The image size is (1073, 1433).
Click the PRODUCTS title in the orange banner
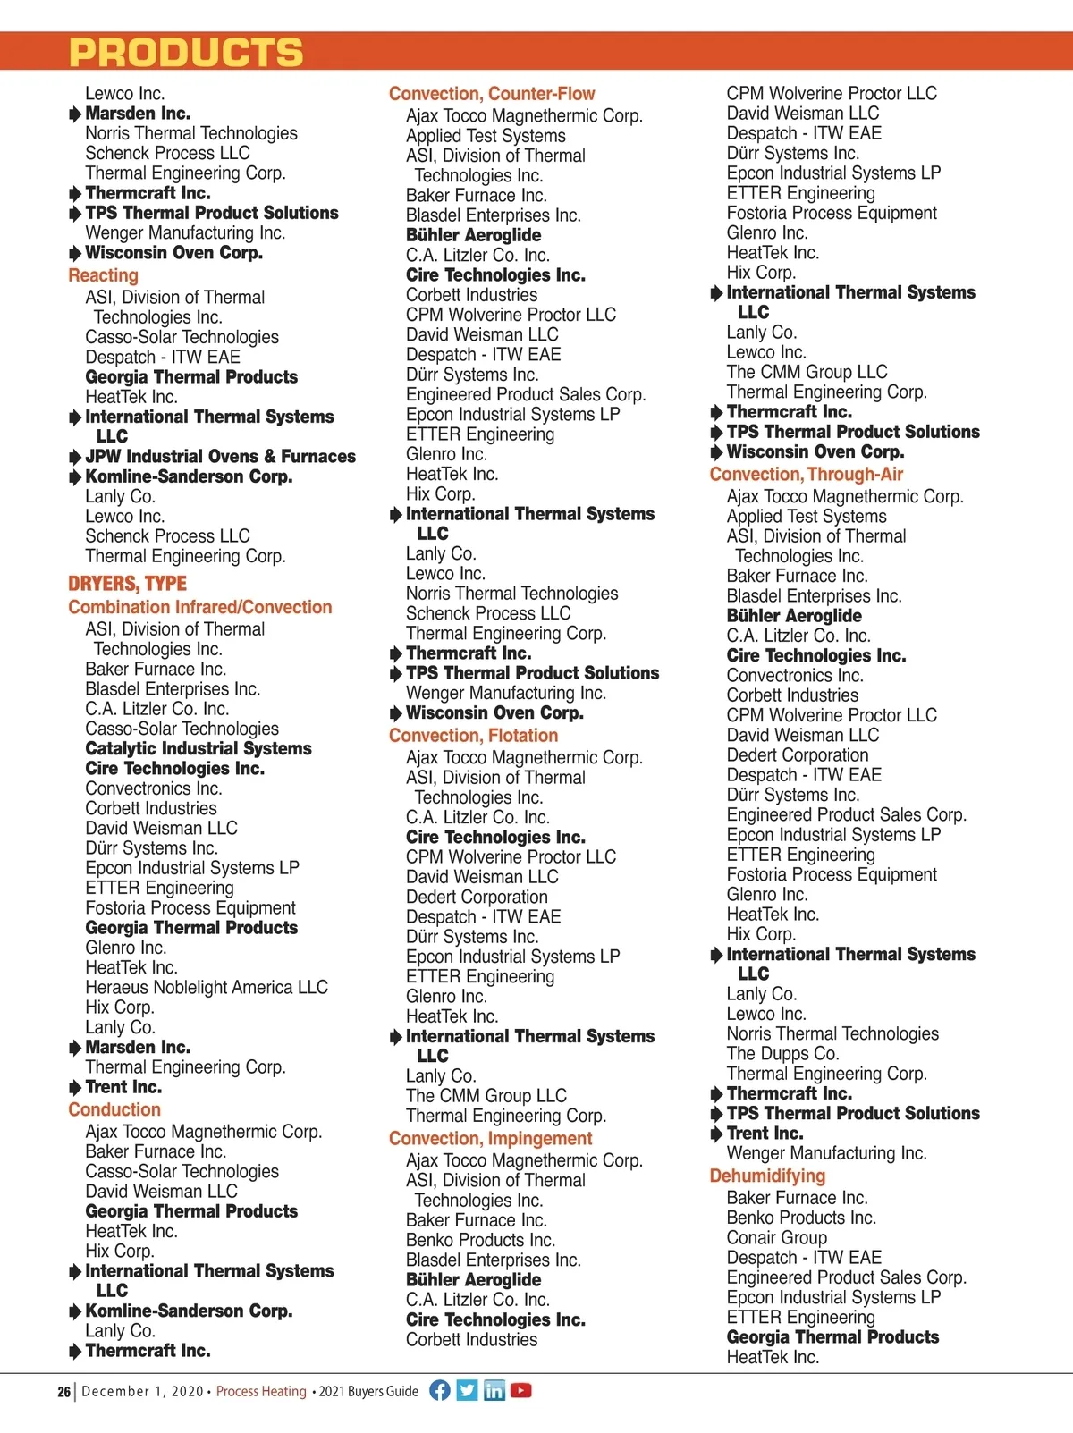point(186,53)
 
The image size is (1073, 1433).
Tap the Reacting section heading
point(103,275)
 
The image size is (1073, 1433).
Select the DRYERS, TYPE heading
point(127,584)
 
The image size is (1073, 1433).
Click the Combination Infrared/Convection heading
point(199,607)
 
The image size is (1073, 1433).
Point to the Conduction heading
point(114,1109)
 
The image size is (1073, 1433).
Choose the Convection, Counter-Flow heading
point(491,94)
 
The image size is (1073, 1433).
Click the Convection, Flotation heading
point(473,736)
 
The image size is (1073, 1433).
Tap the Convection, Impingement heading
point(490,1139)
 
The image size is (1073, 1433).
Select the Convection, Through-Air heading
point(806,475)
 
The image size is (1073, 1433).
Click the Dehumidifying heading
point(767,1176)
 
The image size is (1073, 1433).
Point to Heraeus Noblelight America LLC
point(207,988)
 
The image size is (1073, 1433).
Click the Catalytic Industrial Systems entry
point(199,749)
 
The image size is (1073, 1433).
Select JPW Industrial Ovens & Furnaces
point(220,457)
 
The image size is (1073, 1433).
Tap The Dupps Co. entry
point(782,1054)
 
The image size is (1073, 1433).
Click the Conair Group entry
point(776,1238)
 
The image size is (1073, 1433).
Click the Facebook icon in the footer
point(440,1390)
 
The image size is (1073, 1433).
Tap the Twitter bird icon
point(467,1390)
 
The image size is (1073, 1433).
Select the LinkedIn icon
point(494,1390)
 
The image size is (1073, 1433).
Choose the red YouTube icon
point(521,1390)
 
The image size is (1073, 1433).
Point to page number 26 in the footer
point(63,1392)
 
